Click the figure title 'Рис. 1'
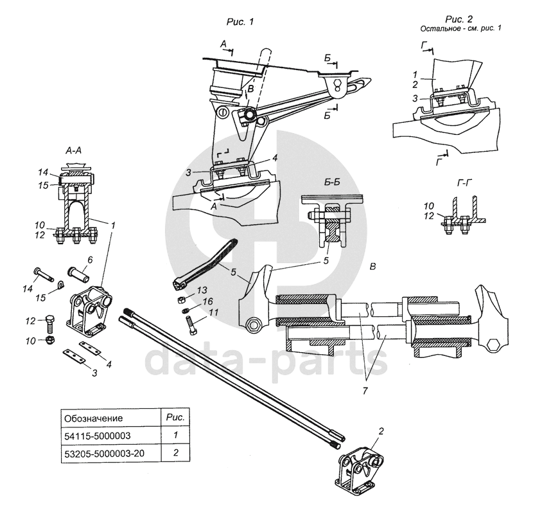pos(240,22)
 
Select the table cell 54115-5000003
pos(98,436)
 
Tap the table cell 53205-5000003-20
pos(105,453)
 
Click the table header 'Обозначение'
pos(94,418)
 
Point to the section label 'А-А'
pos(73,150)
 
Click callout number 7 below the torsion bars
pos(365,391)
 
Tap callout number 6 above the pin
pos(90,260)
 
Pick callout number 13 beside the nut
pos(202,290)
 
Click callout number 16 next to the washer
pos(207,301)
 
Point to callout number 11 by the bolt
pos(213,312)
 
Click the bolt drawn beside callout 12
pos(50,325)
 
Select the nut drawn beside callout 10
pos(51,340)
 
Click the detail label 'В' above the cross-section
pos(372,266)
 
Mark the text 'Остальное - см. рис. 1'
pos(460,28)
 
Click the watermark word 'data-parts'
pos(266,359)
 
